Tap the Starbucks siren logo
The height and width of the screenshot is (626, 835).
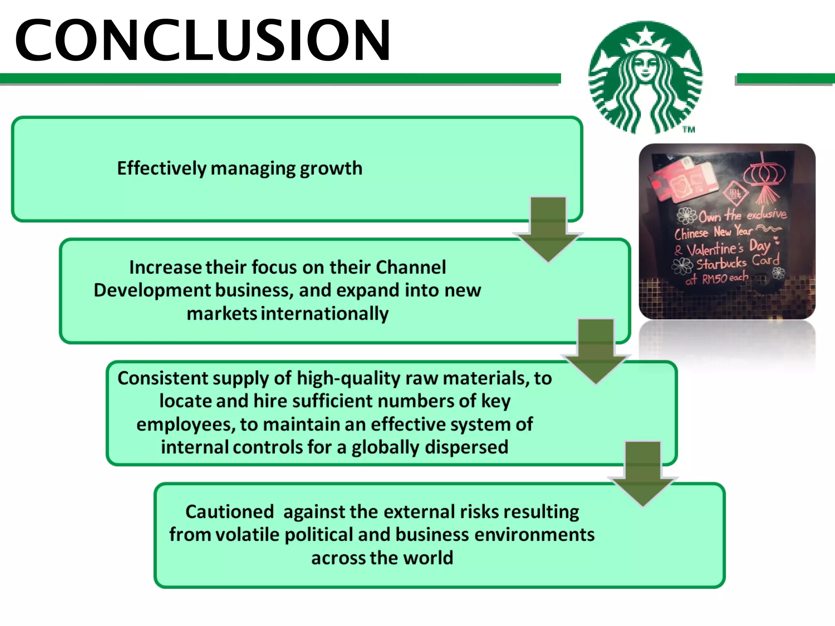click(645, 77)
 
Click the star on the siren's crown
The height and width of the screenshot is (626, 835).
click(646, 34)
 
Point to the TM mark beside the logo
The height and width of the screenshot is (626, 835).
click(689, 130)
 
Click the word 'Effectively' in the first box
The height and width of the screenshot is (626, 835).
click(161, 168)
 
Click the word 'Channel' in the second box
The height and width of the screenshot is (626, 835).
click(411, 267)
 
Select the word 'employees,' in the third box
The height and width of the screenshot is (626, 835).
click(186, 425)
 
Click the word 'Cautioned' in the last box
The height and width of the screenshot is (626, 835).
click(230, 512)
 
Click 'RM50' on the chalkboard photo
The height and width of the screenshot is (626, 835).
click(714, 279)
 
